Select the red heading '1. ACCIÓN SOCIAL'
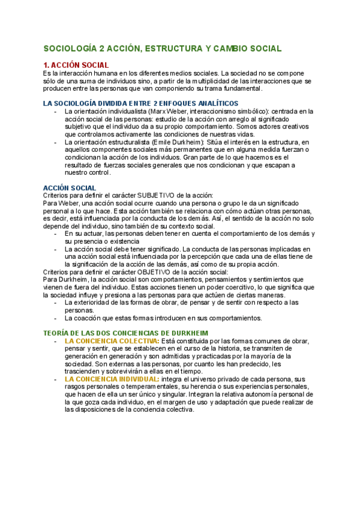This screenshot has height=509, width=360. (76, 65)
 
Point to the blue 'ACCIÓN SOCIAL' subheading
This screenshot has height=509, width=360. (70, 188)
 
